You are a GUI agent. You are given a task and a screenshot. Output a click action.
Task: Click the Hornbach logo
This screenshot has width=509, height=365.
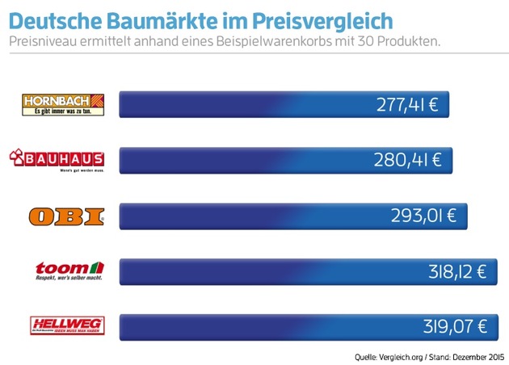65,105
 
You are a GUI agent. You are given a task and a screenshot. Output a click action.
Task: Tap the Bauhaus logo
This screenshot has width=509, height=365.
59,160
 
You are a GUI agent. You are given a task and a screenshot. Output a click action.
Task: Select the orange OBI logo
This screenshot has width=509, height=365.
65,216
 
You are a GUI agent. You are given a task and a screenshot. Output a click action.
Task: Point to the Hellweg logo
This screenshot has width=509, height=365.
65,325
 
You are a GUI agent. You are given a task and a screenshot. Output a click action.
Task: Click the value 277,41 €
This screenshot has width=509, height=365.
406,105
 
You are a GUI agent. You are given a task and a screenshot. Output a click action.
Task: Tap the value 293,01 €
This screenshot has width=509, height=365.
425,216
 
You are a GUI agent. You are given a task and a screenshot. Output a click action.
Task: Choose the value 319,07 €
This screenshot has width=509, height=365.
456,327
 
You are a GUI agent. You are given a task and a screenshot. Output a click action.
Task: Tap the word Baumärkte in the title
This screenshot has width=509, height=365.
167,19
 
